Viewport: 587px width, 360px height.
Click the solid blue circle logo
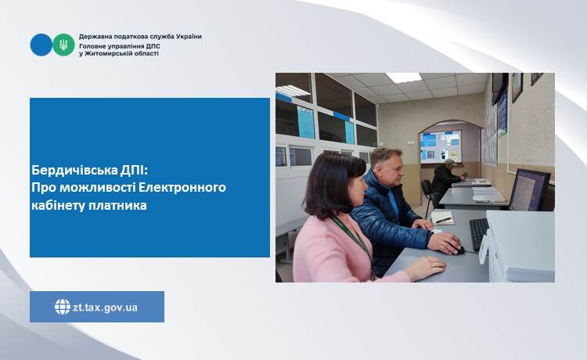coord(41,45)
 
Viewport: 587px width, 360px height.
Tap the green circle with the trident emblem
coord(63,45)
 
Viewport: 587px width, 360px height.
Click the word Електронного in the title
coord(182,187)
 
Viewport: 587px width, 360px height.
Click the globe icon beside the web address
coord(62,307)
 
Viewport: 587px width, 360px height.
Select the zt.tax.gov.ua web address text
coord(105,308)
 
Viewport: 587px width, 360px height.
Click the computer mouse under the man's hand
coord(459,249)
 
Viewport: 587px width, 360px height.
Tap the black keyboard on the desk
coord(479,234)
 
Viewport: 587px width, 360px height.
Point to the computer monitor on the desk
coord(529,190)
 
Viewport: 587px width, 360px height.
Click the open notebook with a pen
coord(442,218)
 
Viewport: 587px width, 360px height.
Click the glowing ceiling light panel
coord(404,77)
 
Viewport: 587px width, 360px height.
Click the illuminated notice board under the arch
coord(440,146)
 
